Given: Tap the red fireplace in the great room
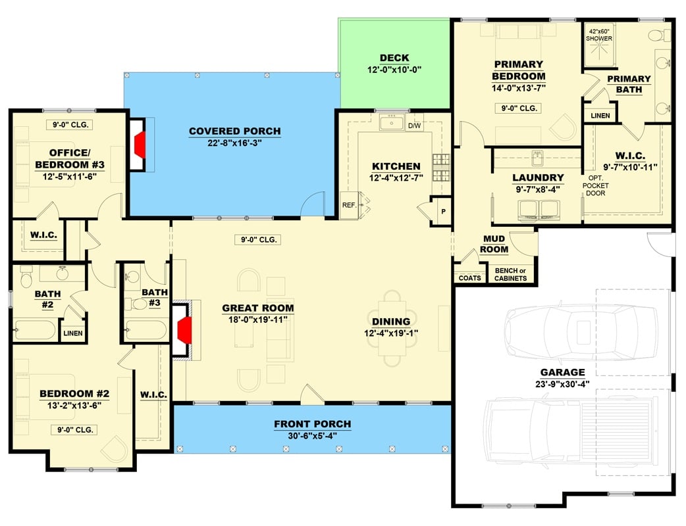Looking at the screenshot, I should (185, 327).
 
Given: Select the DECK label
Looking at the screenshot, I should (394, 58).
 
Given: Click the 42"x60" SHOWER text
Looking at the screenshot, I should (600, 34).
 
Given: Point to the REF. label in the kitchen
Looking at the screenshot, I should (349, 205).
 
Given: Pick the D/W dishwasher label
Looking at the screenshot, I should (415, 126).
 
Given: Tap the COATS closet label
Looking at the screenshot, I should (469, 278).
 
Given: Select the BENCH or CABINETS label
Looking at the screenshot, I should (510, 274).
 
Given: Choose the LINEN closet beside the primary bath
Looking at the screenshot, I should (600, 116).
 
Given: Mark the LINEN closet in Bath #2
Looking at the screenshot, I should (73, 333).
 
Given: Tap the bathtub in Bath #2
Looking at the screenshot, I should (36, 329).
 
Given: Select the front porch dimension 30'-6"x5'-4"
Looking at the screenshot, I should (312, 436).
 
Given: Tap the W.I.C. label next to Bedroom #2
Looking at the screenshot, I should (153, 395).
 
